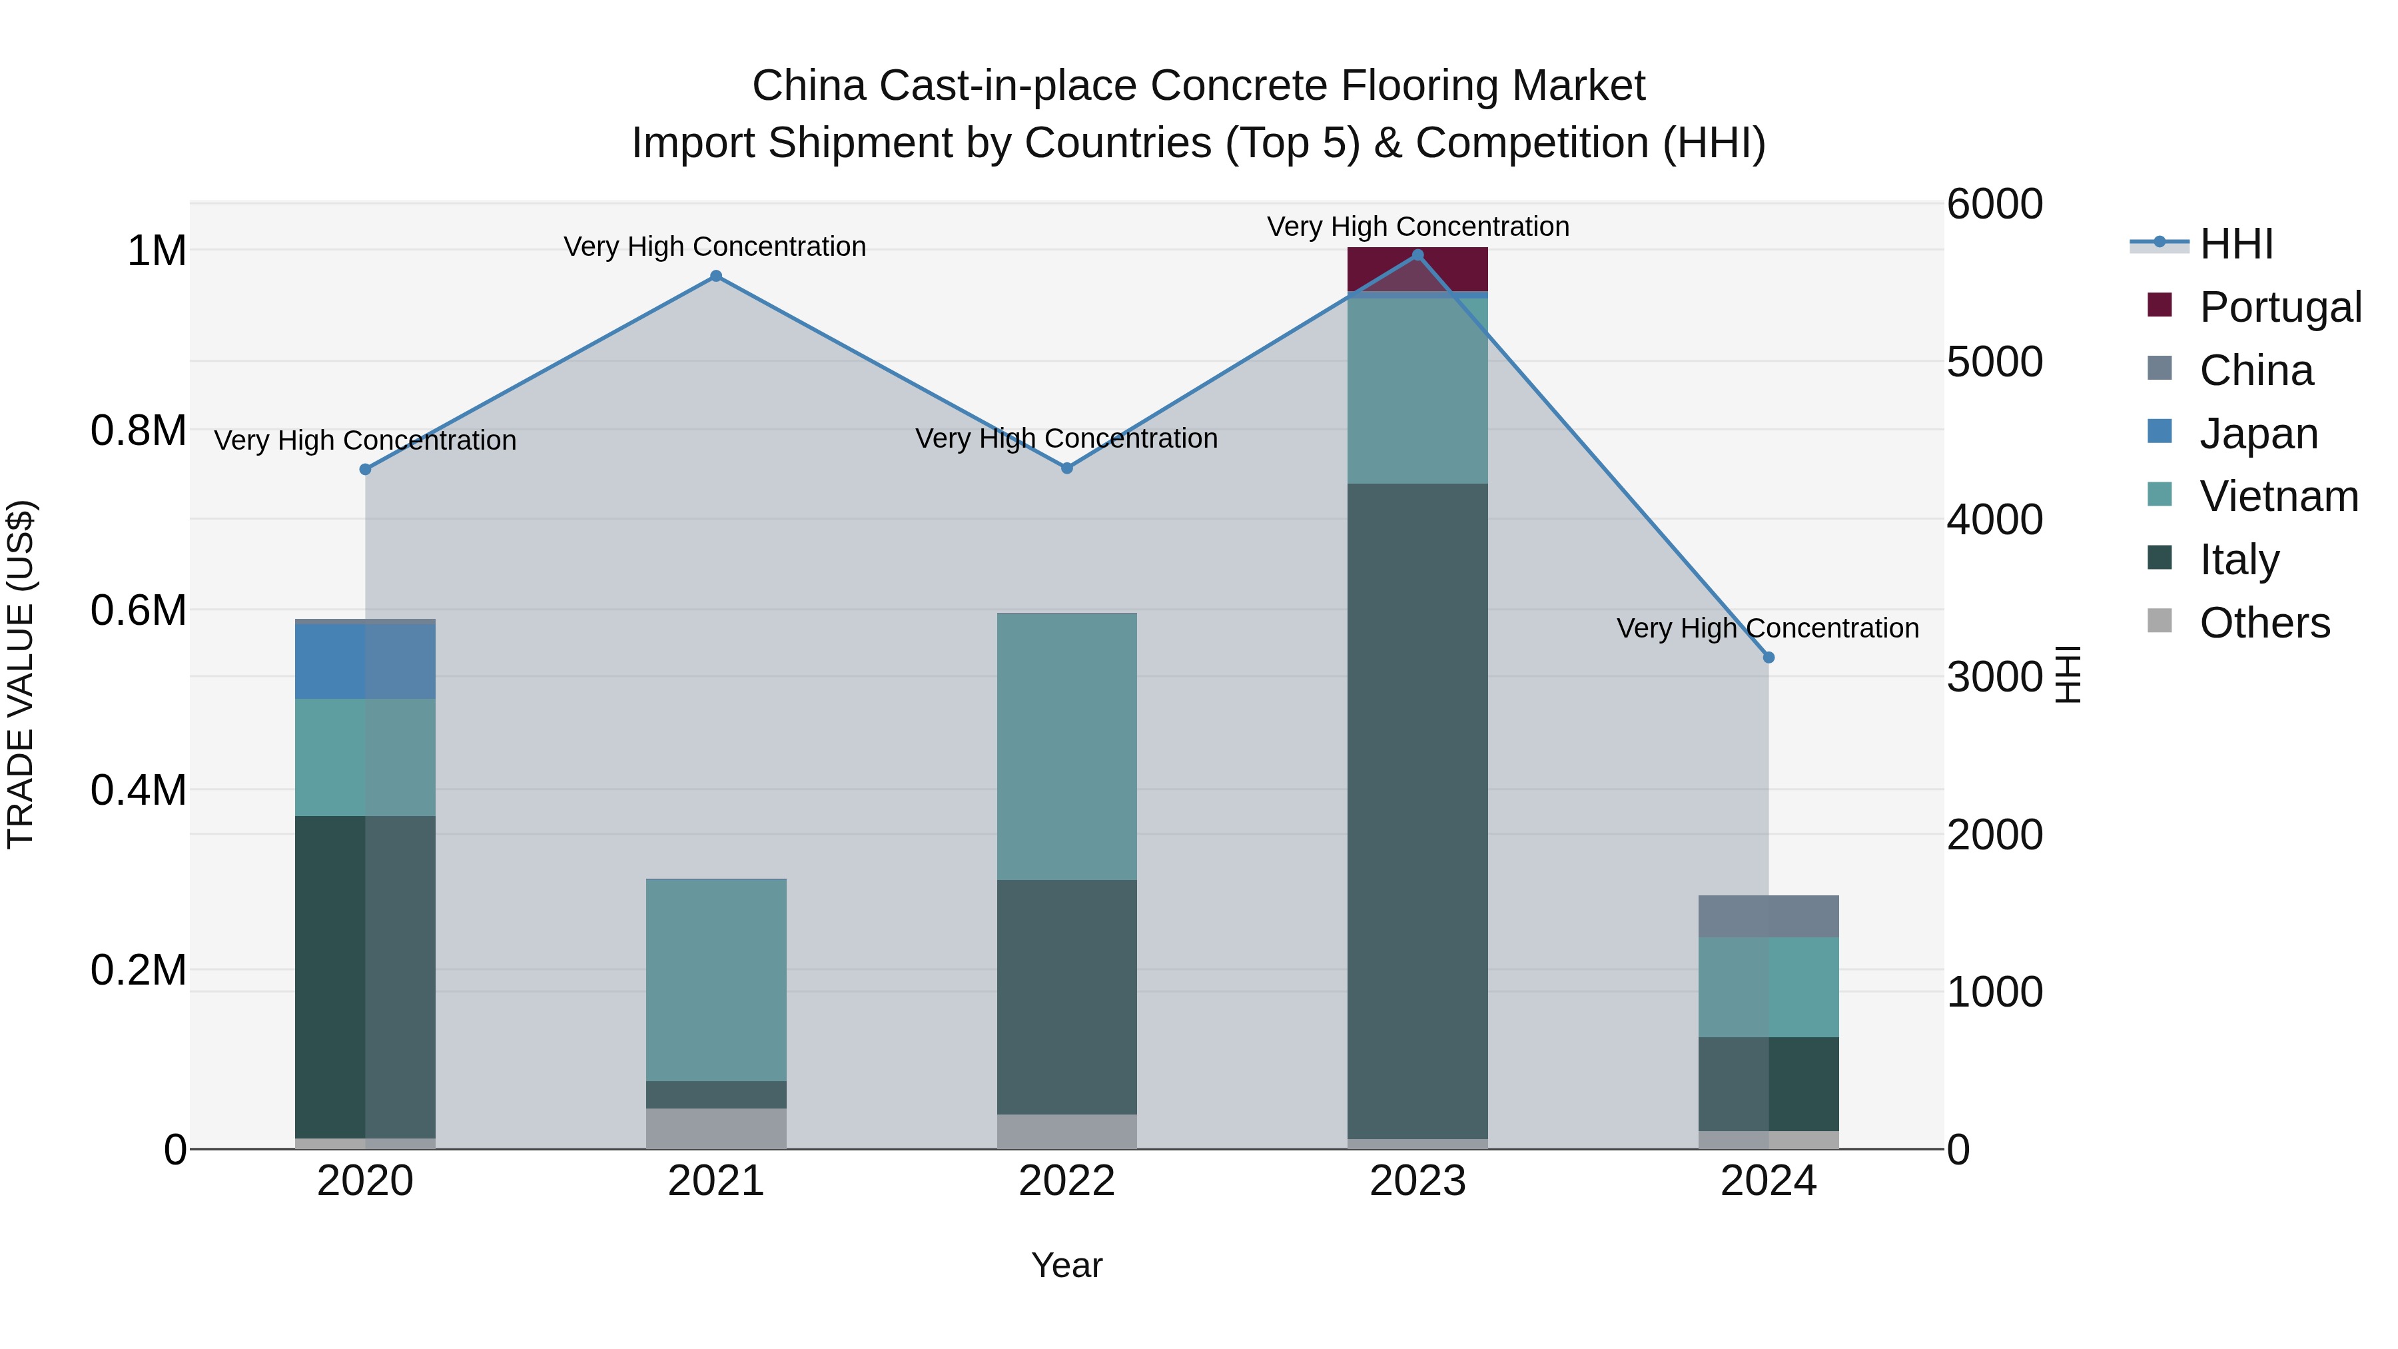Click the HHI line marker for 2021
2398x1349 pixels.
[x=716, y=276]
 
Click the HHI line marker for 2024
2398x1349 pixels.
[x=1769, y=658]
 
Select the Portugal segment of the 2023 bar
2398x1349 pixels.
[x=1417, y=270]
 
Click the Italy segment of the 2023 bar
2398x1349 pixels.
[x=1417, y=810]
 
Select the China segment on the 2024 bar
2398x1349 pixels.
[x=1768, y=916]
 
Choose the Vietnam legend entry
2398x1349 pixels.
[x=2278, y=496]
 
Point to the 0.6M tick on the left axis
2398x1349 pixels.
[x=138, y=611]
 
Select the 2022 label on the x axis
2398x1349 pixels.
[x=1067, y=1181]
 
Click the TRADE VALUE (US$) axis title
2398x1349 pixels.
[x=21, y=674]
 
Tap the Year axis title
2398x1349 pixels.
[x=1067, y=1265]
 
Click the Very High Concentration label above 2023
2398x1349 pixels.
[x=1417, y=226]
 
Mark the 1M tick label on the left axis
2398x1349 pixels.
[x=157, y=250]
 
